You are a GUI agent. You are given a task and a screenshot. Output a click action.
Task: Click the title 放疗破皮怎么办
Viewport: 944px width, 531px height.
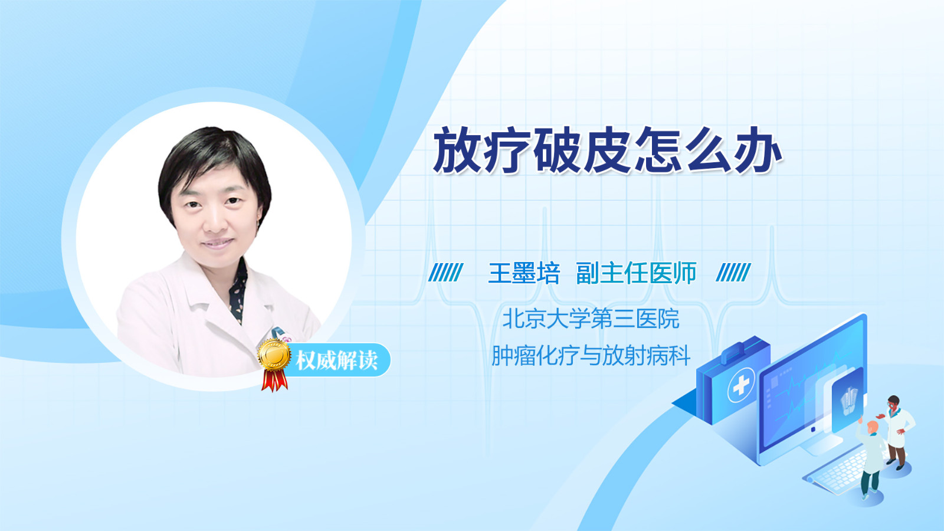608,150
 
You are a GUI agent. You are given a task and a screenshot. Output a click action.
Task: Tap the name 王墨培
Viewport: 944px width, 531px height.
524,273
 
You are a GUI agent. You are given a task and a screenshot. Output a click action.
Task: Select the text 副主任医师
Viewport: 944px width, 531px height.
636,273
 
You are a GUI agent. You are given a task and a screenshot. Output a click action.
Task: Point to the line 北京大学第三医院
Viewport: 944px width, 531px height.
591,319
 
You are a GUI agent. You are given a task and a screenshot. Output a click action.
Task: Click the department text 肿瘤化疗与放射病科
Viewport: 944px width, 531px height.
591,355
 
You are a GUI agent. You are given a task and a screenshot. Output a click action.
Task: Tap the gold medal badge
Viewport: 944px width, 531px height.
274,355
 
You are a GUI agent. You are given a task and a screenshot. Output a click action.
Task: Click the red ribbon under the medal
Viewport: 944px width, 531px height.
274,380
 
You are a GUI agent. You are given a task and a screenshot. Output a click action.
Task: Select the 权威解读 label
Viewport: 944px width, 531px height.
337,360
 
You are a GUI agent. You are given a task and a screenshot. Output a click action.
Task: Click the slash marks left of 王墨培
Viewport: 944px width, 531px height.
446,272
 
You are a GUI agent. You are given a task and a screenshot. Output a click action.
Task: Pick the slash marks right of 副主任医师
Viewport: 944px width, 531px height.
733,272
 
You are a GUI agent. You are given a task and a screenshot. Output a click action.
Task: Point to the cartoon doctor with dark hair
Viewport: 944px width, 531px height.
897,432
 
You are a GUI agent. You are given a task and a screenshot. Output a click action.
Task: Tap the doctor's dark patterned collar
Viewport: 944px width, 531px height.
238,291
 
